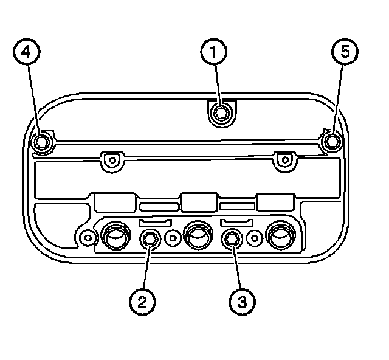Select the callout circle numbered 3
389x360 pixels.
tap(242, 300)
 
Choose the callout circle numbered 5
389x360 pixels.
tap(345, 53)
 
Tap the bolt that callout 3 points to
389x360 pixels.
tap(231, 239)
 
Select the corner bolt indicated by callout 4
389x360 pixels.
tap(41, 142)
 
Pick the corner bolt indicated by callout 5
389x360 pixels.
tap(331, 142)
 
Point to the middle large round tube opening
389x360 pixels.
tap(197, 236)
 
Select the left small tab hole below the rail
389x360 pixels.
tap(110, 160)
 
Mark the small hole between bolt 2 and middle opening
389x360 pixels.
tap(174, 237)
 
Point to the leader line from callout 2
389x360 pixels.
tap(146, 268)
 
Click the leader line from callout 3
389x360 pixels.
tap(236, 268)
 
